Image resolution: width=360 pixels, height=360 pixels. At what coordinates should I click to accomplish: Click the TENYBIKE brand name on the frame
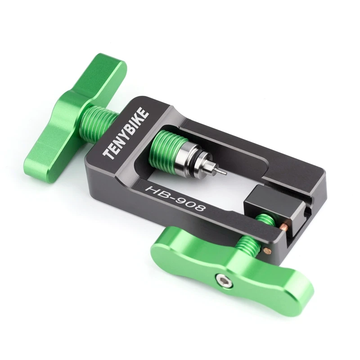coord(126,133)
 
